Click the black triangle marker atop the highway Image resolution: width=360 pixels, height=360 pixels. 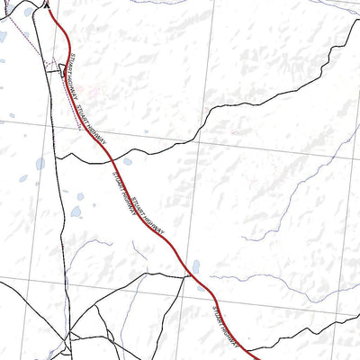tap(47, 4)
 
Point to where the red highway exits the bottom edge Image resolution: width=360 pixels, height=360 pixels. tap(258, 358)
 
